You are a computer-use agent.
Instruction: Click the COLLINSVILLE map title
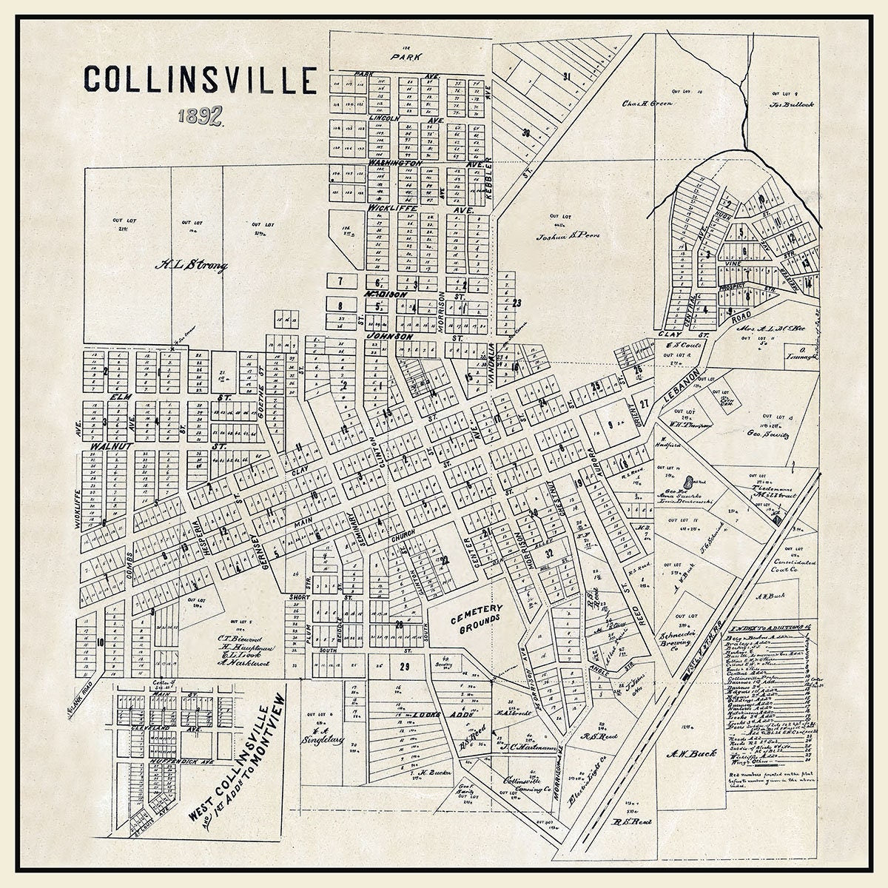coord(200,80)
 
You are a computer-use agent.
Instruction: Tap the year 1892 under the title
coord(201,116)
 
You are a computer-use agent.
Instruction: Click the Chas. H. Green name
coord(647,104)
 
